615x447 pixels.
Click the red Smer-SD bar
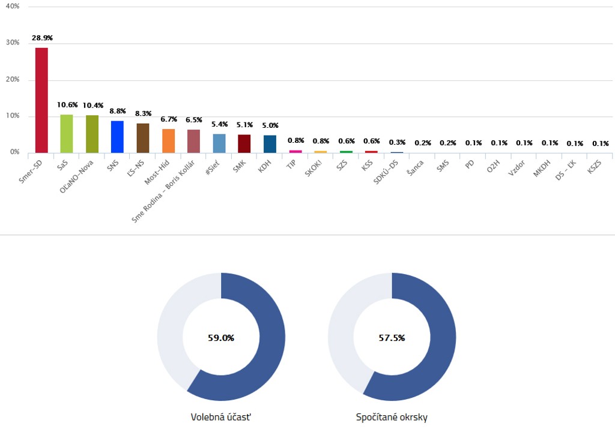pos(41,100)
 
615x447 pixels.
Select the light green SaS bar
pos(67,133)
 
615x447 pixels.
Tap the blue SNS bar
pos(117,137)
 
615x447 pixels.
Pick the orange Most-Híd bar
pos(168,140)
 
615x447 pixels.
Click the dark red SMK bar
pos(244,143)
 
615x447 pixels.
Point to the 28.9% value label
pos(42,38)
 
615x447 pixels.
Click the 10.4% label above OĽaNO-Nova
pos(92,105)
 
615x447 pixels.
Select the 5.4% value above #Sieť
pos(219,124)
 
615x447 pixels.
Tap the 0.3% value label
pos(397,142)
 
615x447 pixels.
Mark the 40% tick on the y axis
pos(13,6)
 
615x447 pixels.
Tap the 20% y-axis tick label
pos(13,79)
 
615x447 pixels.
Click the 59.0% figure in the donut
pos(221,338)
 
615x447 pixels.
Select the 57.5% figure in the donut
pos(392,338)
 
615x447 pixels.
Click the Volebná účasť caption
pos(221,417)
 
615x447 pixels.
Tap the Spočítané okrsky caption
pos(392,417)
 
